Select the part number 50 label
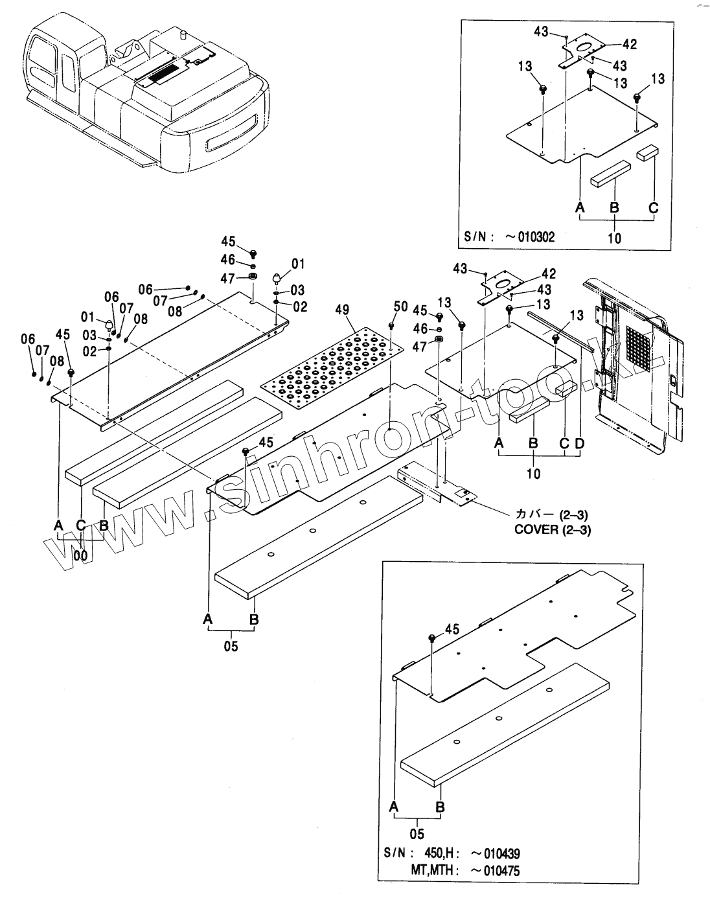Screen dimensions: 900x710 click(401, 306)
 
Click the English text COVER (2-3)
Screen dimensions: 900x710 click(553, 529)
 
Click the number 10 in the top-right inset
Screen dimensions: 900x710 click(614, 238)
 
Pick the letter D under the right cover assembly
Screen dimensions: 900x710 click(578, 443)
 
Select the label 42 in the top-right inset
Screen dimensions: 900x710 click(629, 44)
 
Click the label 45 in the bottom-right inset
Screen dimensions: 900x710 click(452, 629)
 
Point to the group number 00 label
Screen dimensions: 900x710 click(80, 555)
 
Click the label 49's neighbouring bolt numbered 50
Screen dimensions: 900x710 click(392, 325)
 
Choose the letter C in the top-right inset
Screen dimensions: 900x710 click(653, 208)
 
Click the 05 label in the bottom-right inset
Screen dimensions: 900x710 click(417, 833)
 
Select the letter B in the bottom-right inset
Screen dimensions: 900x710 click(440, 807)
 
